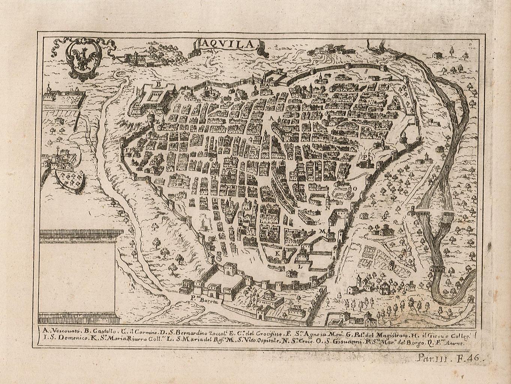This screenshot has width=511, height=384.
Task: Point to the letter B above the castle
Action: [x=158, y=84]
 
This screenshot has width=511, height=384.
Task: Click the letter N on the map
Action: [x=327, y=207]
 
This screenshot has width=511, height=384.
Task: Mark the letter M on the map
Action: [x=321, y=231]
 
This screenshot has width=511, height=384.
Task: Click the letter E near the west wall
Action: [x=157, y=122]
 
